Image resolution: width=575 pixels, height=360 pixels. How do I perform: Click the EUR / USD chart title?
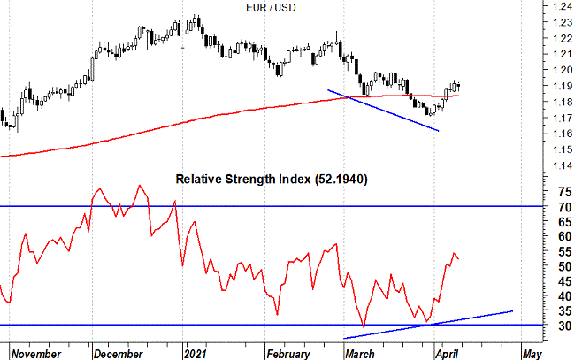pos(272,8)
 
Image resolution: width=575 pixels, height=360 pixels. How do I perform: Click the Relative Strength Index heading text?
pos(243,179)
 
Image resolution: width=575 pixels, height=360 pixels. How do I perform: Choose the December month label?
pos(119,354)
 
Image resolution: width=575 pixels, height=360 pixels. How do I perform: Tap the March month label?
pos(359,354)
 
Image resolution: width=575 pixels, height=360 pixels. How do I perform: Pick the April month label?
pos(450,354)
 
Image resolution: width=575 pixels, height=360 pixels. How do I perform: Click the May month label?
pos(531,354)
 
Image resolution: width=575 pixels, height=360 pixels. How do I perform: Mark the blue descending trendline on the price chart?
pos(383,110)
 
